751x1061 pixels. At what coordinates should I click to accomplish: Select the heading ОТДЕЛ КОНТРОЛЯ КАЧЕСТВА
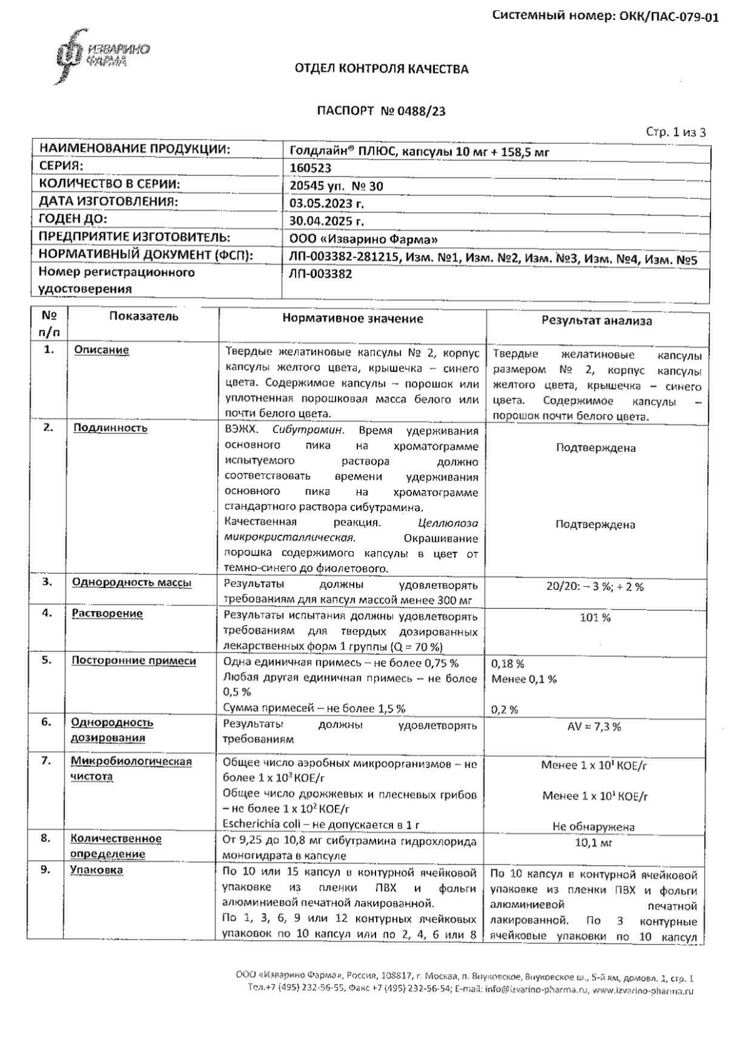(x=381, y=69)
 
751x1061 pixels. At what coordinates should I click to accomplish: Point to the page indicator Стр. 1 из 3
(x=676, y=132)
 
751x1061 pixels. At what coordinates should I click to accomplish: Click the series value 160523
(x=310, y=168)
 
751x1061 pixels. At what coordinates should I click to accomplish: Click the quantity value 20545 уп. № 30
(x=337, y=186)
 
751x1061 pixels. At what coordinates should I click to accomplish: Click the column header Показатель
(x=143, y=317)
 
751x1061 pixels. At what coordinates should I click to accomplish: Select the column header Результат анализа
(x=596, y=321)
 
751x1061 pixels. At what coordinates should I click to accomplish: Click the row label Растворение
(x=107, y=614)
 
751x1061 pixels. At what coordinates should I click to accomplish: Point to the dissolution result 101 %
(x=596, y=618)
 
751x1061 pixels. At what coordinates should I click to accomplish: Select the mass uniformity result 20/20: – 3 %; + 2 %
(x=595, y=587)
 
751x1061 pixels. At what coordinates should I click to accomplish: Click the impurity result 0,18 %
(x=508, y=664)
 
